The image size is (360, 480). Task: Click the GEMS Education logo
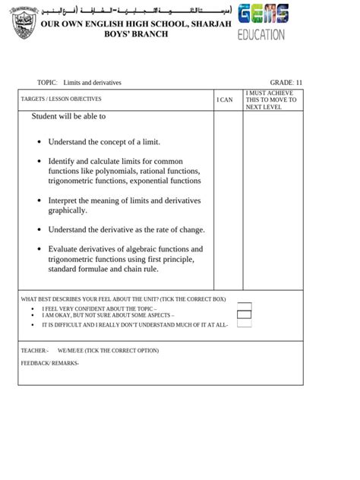coord(262,22)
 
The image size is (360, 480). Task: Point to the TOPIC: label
coord(47,82)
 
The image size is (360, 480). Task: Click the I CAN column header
coord(225,99)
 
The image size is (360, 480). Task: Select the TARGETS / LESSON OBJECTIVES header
coord(61,99)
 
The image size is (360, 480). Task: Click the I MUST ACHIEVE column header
coord(271,99)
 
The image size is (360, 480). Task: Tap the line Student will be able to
coord(68,117)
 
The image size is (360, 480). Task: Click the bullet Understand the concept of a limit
coord(104,142)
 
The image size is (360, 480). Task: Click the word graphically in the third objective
coord(68,210)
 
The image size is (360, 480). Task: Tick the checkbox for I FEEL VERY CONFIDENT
coord(244,305)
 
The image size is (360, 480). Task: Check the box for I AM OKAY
coord(244,314)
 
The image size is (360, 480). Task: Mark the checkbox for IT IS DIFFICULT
coord(244,324)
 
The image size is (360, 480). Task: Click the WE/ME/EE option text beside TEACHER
coord(108,350)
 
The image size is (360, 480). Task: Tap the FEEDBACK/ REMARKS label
coord(49,363)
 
